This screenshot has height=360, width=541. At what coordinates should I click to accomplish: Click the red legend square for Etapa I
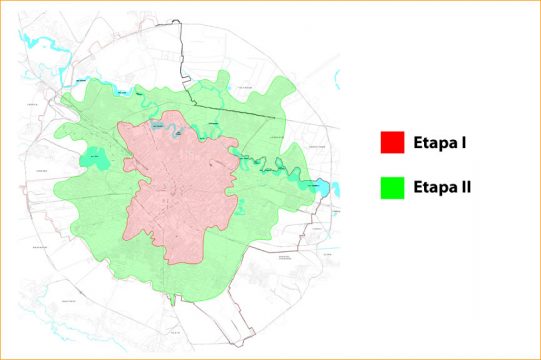coord(392,143)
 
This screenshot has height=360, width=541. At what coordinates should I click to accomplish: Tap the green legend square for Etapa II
coord(392,186)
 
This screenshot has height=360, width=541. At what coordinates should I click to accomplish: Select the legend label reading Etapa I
coord(441,143)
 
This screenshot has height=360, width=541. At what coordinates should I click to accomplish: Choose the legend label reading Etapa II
coord(444,186)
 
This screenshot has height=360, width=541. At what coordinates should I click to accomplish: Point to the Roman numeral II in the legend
coord(466,186)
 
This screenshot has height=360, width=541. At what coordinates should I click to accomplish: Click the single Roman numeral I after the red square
coord(465,143)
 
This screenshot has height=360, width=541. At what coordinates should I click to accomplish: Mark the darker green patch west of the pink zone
coord(93,159)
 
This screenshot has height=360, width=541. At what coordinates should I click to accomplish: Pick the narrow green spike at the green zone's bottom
coord(173,298)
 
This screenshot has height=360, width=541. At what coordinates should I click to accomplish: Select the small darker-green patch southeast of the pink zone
coord(241,208)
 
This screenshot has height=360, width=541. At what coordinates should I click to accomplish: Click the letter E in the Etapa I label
coord(417,143)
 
